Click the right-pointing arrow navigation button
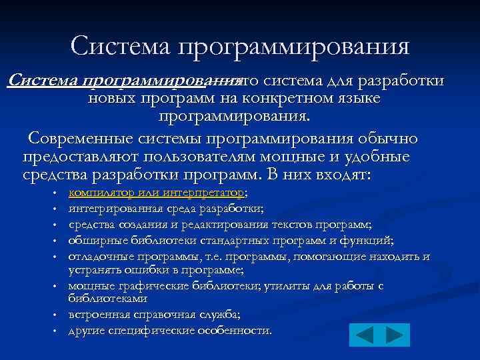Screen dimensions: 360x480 (x=395, y=335)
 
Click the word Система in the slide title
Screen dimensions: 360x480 (x=120, y=46)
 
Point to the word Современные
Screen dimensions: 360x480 (x=85, y=139)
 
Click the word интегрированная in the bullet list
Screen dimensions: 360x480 (x=110, y=209)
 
